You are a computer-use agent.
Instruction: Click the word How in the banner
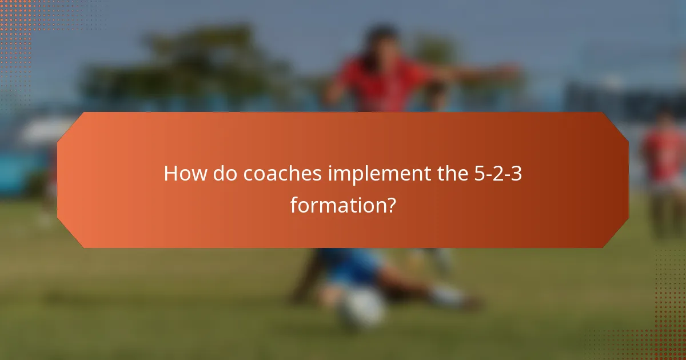186,174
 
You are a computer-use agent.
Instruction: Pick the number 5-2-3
498,174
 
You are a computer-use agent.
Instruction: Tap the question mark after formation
390,204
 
